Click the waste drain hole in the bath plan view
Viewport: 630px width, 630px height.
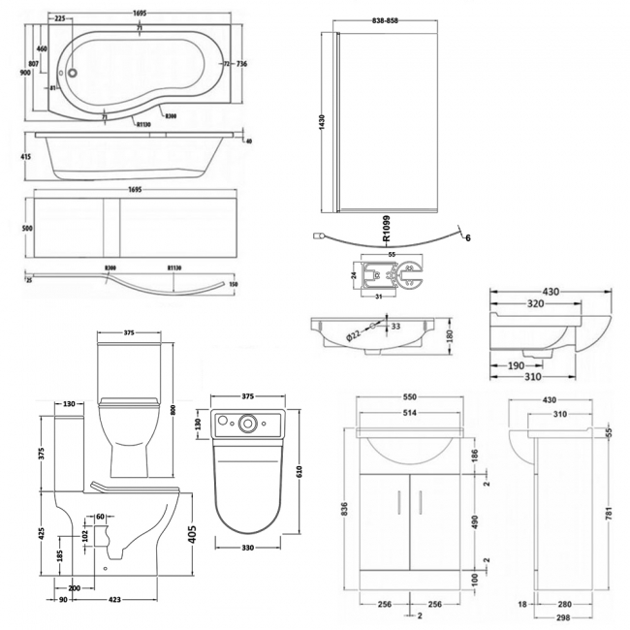(72, 70)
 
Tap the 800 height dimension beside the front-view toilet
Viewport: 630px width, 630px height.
(173, 410)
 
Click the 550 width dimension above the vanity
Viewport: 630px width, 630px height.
(412, 396)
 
